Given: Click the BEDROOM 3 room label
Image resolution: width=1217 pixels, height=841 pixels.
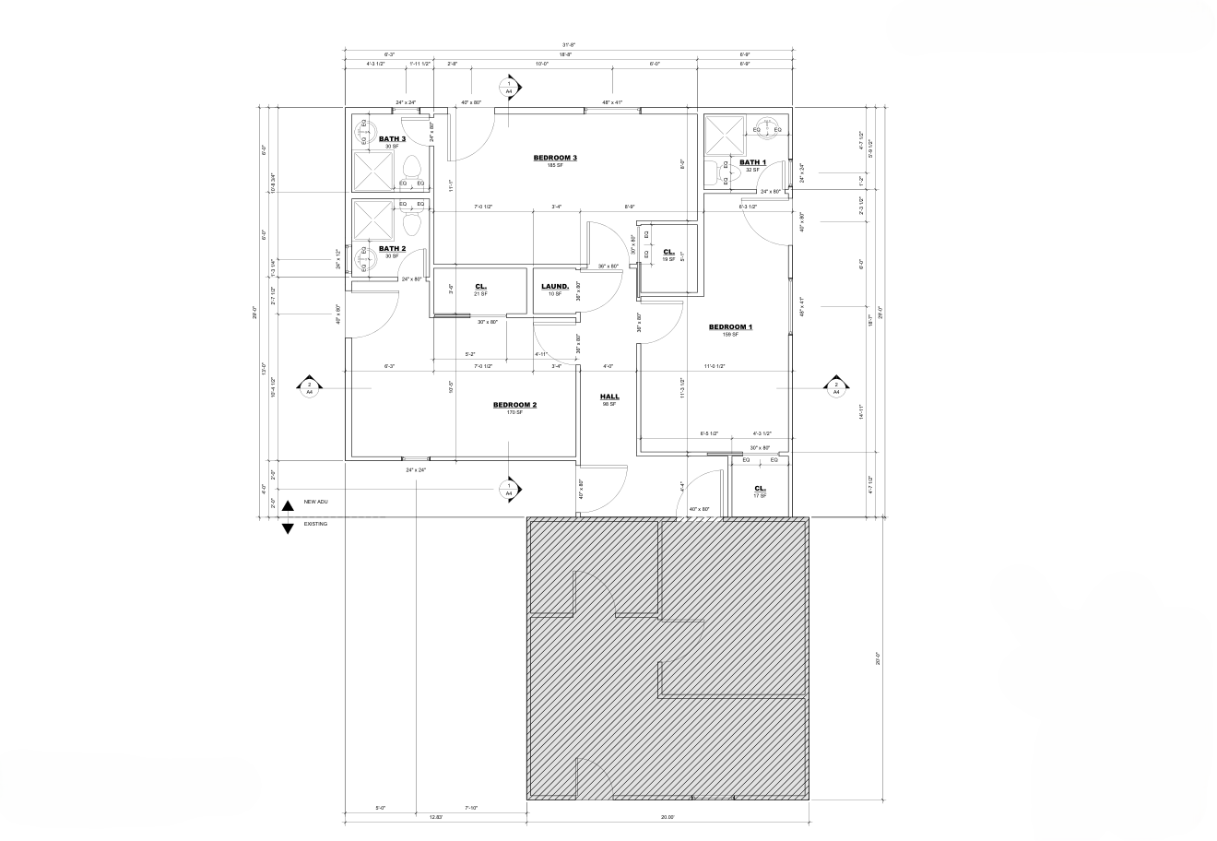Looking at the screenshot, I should [555, 158].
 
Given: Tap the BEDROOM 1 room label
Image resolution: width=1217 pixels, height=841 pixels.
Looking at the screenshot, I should [730, 327].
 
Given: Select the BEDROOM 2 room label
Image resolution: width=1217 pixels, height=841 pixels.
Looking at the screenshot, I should [514, 405].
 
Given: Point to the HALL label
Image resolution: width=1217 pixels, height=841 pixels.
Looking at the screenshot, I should [608, 397].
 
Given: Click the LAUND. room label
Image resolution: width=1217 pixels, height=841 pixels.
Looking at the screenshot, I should [554, 287].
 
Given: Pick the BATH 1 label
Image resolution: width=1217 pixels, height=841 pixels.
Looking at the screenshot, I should [752, 162].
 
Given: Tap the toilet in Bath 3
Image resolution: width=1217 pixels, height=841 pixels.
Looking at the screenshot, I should [412, 168].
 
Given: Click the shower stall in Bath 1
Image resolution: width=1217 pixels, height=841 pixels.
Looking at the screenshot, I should [723, 136].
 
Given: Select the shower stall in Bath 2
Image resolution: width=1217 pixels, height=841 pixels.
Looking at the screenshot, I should [374, 220].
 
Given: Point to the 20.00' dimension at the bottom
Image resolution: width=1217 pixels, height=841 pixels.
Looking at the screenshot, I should [668, 817].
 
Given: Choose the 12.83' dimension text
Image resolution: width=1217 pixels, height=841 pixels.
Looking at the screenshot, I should [436, 817].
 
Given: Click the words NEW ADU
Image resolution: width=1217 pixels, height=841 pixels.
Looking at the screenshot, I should [316, 502].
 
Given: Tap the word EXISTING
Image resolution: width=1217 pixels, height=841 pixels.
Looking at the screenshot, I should [315, 524].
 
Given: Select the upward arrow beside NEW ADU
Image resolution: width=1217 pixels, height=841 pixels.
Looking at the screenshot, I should [287, 504].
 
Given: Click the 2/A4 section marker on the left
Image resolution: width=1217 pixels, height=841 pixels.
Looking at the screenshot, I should [310, 388].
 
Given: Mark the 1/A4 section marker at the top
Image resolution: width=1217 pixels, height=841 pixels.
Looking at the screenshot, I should [508, 88].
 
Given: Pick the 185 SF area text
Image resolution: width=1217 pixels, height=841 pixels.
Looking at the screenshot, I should [555, 165].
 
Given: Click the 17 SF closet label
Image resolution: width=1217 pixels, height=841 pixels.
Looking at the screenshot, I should [760, 496].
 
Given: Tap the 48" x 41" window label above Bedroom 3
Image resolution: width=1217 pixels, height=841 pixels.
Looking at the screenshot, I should [612, 101].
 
